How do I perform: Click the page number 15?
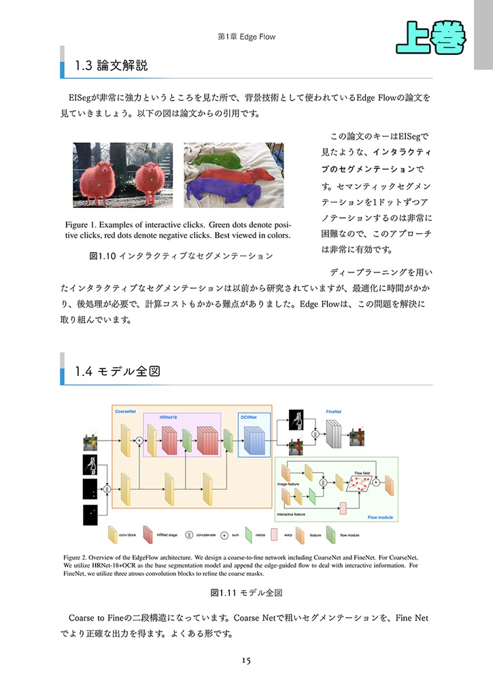246,660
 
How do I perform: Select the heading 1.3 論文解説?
112,66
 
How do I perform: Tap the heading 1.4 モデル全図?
117,372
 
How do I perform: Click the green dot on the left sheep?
99,184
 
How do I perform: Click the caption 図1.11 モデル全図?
245,593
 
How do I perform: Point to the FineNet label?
333,412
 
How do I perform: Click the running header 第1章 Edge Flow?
246,36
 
